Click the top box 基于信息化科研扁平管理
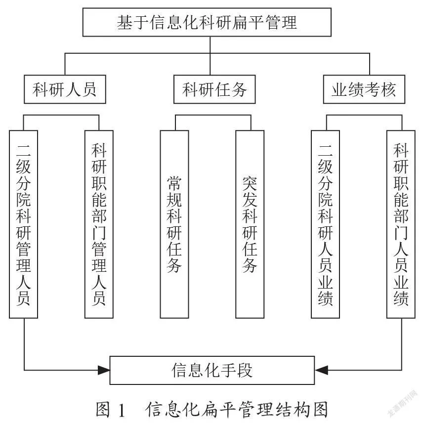pyautogui.click(x=207, y=22)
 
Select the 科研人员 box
pyautogui.click(x=65, y=89)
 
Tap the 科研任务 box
pyautogui.click(x=214, y=89)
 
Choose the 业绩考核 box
pyautogui.click(x=364, y=89)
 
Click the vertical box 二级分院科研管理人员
pyautogui.click(x=23, y=224)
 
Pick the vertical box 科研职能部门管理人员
pyautogui.click(x=99, y=224)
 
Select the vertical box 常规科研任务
pyautogui.click(x=174, y=224)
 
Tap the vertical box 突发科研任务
pyautogui.click(x=250, y=224)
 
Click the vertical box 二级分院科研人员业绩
pyautogui.click(x=325, y=224)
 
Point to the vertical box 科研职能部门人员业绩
pyautogui.click(x=401, y=224)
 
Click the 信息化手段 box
pyautogui.click(x=212, y=370)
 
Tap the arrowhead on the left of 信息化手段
pyautogui.click(x=104, y=370)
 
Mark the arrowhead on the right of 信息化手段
pyautogui.click(x=321, y=370)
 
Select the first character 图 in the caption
pyautogui.click(x=103, y=410)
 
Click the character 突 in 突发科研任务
pyautogui.click(x=250, y=184)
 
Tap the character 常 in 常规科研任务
pyautogui.click(x=174, y=184)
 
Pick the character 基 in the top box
pyautogui.click(x=125, y=22)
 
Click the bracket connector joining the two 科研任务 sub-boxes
pyautogui.click(x=213, y=116)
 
